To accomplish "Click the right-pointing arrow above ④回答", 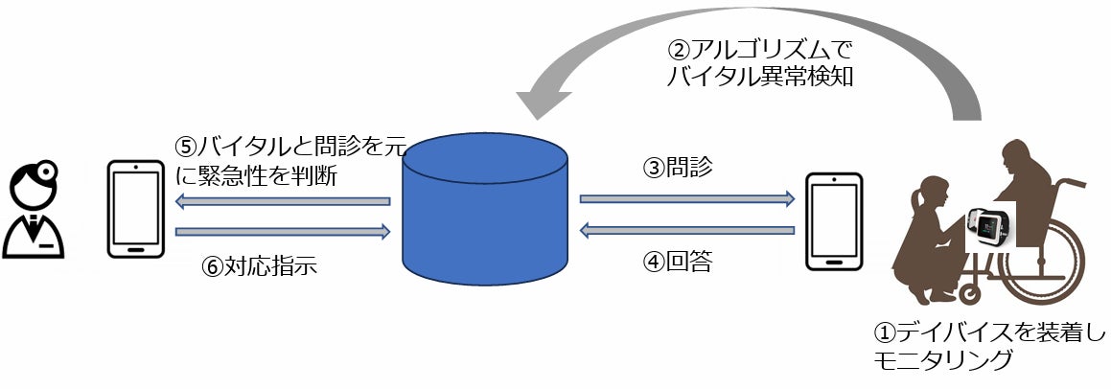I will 687,198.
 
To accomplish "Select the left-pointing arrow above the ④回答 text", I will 687,229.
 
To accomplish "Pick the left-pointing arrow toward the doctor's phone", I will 284,201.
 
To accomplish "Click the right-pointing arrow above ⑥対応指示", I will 284,231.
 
